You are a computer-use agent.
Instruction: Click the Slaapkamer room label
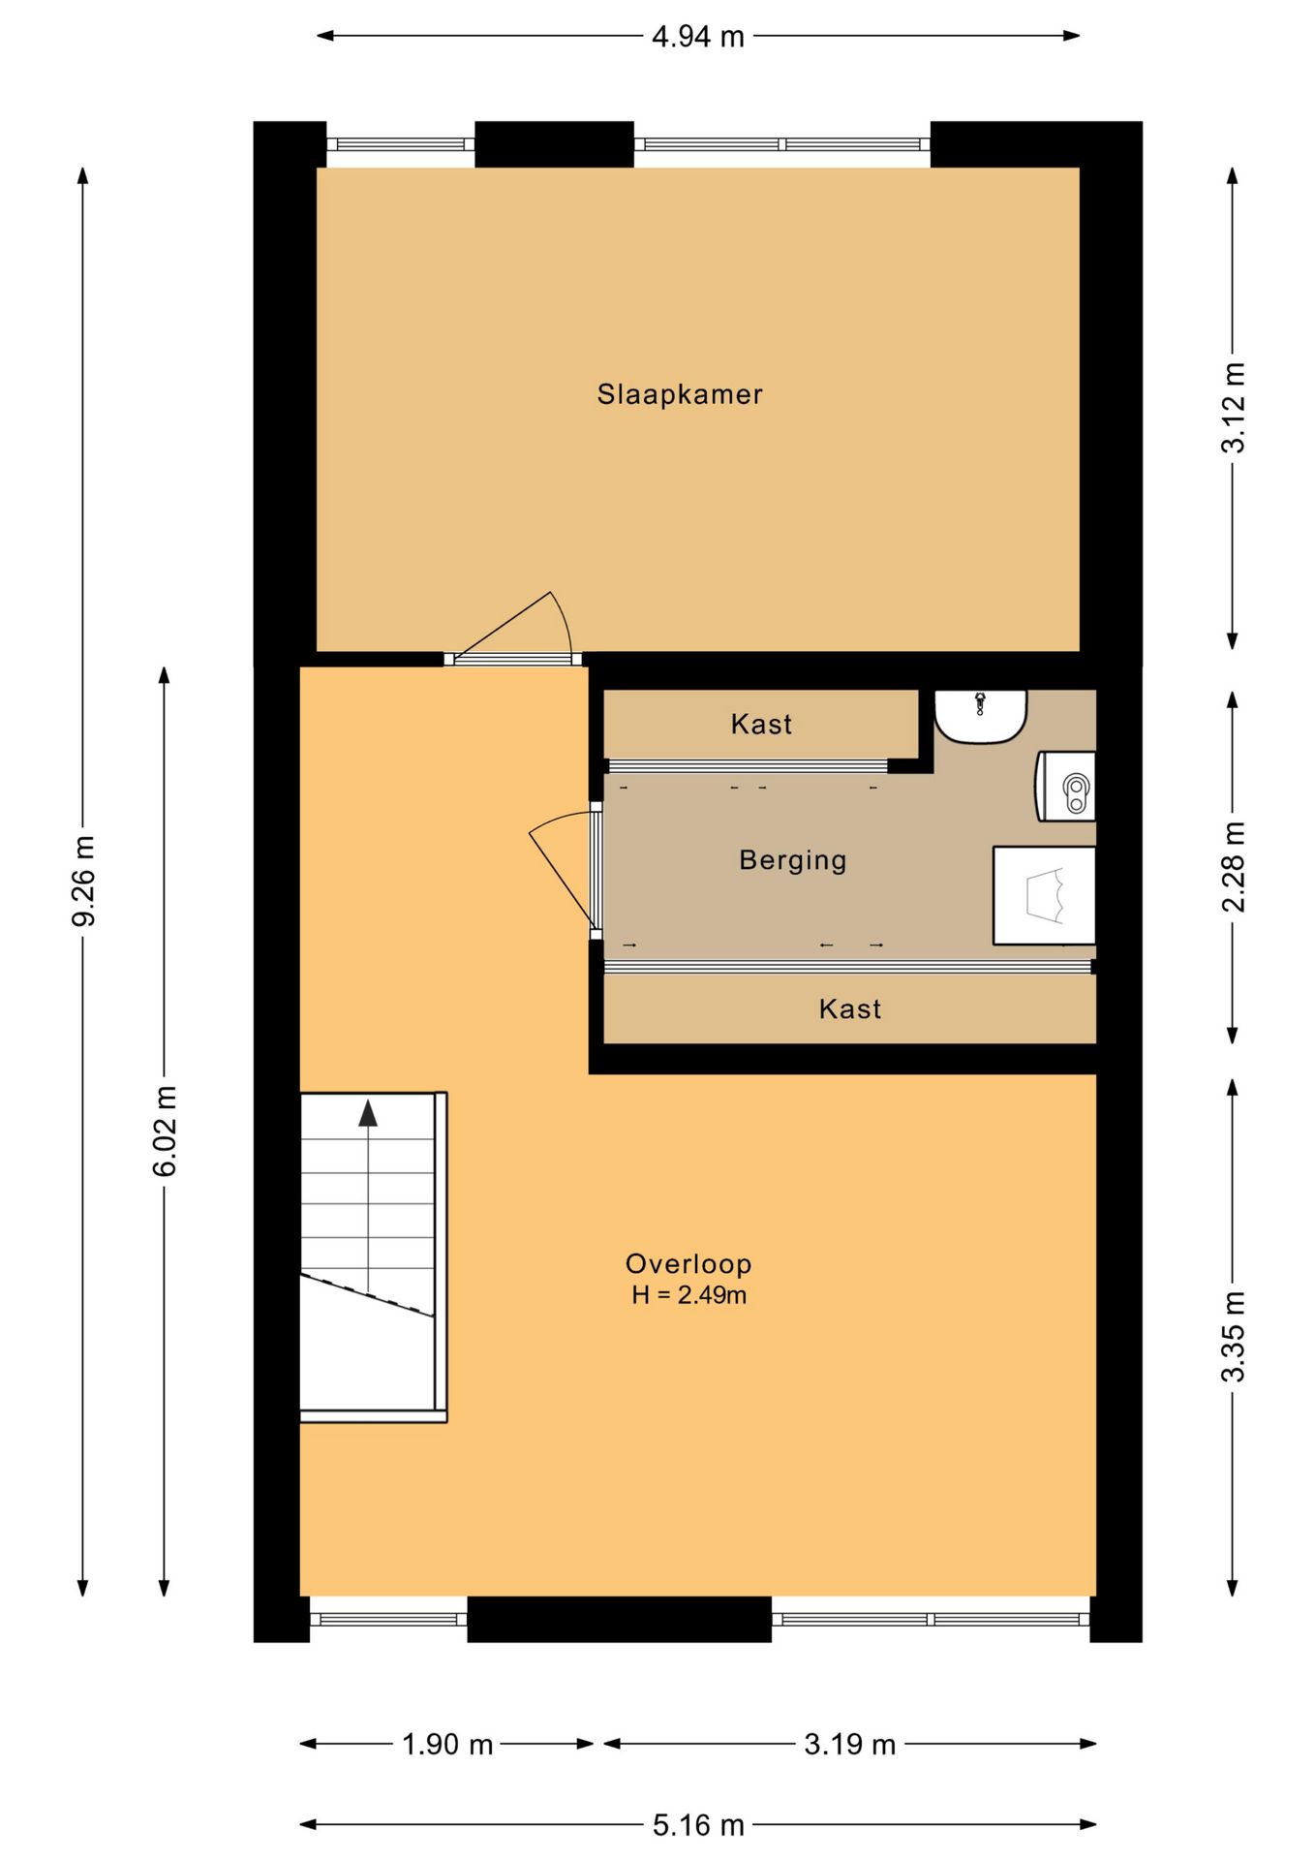(680, 395)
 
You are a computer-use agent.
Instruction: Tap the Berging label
(793, 861)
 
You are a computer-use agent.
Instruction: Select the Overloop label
(688, 1264)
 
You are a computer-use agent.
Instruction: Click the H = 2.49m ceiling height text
(688, 1295)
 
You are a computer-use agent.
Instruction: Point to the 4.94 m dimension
(698, 37)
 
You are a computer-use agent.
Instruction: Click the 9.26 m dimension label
(83, 881)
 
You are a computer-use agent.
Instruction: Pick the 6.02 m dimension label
(165, 1131)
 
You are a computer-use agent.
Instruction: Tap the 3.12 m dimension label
(1233, 407)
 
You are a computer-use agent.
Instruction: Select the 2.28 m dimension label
(1233, 867)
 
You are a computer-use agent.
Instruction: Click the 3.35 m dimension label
(1233, 1337)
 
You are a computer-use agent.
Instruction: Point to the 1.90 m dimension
(447, 1745)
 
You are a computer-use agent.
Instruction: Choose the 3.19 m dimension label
(850, 1745)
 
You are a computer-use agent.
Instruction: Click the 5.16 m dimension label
(698, 1826)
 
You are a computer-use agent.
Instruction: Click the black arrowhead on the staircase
(368, 1114)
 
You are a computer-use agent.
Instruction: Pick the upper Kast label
(761, 725)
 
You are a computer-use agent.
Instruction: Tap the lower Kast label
(850, 1009)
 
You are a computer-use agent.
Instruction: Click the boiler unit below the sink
(1066, 786)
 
